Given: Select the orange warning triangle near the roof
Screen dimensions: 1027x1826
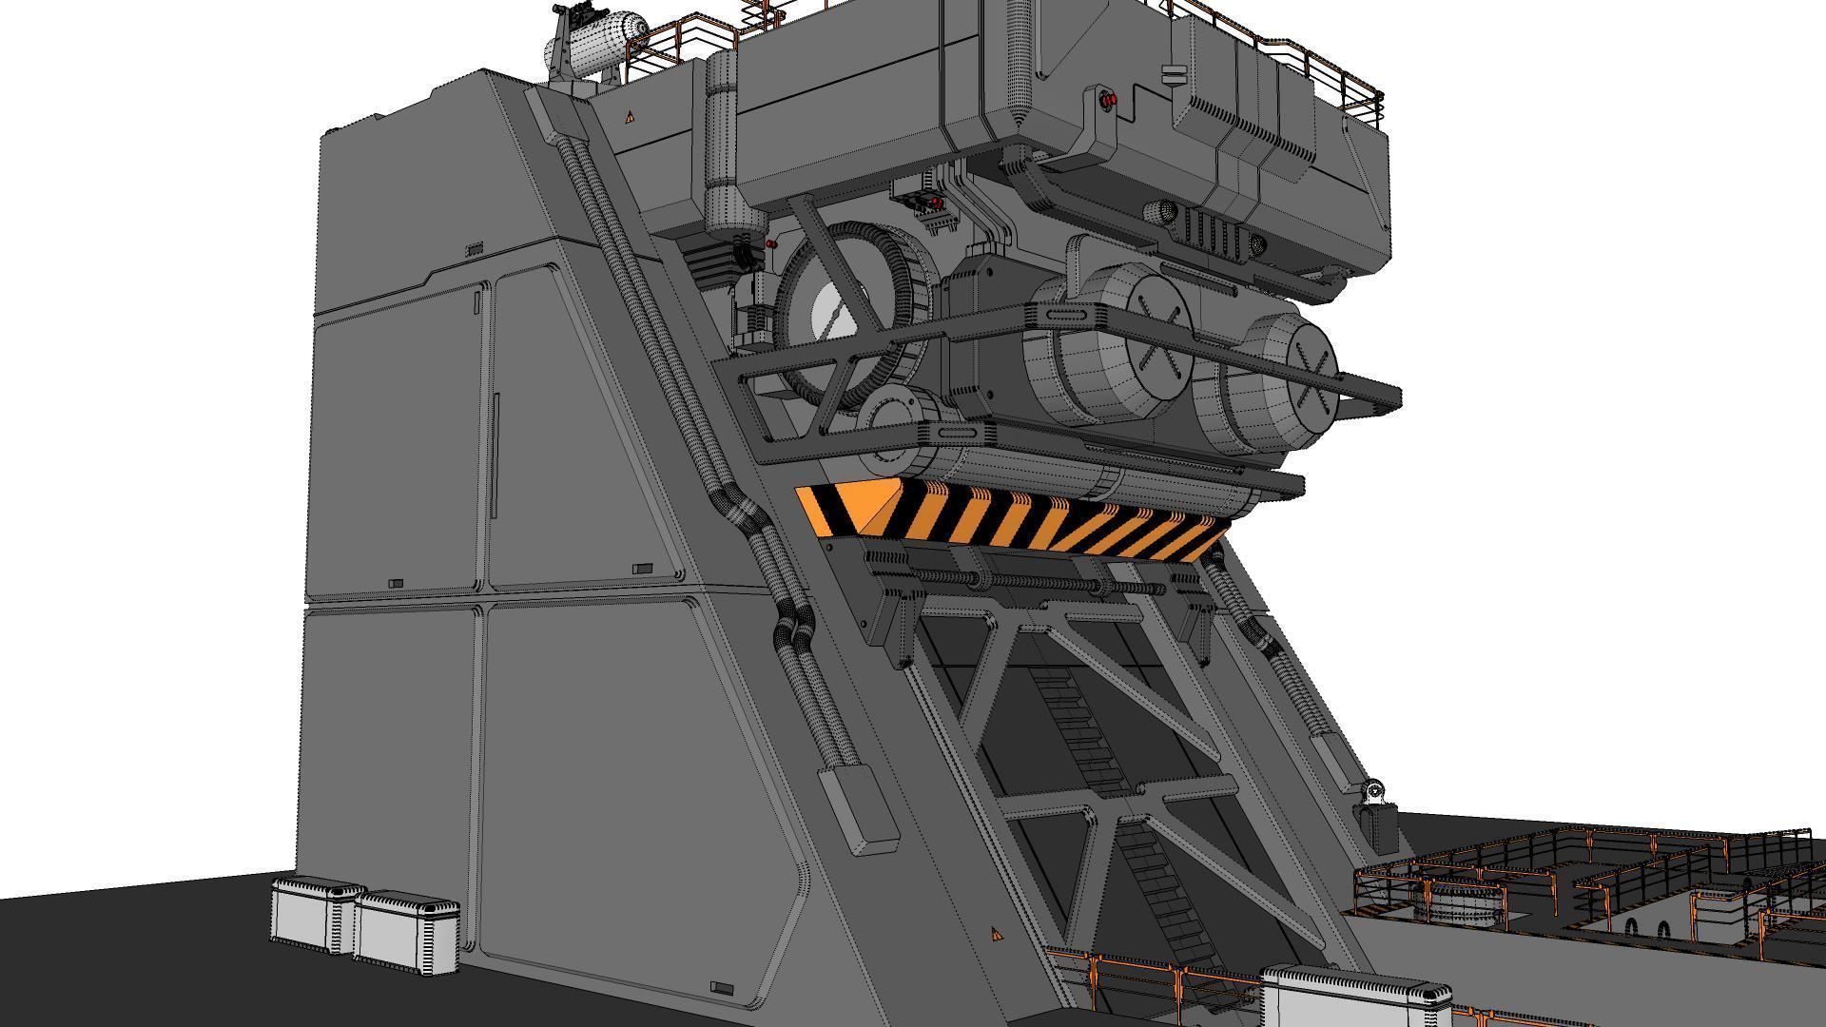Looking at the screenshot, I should (x=629, y=117).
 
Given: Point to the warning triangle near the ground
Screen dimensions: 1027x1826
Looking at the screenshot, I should (x=996, y=935).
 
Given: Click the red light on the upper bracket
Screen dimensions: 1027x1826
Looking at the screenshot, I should (x=1108, y=99).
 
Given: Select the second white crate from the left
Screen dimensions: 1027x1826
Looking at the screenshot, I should (x=407, y=933).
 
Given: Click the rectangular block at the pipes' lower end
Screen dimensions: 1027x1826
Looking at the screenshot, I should (x=858, y=810).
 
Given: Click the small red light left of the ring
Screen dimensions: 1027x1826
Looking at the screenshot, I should (x=770, y=244).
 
